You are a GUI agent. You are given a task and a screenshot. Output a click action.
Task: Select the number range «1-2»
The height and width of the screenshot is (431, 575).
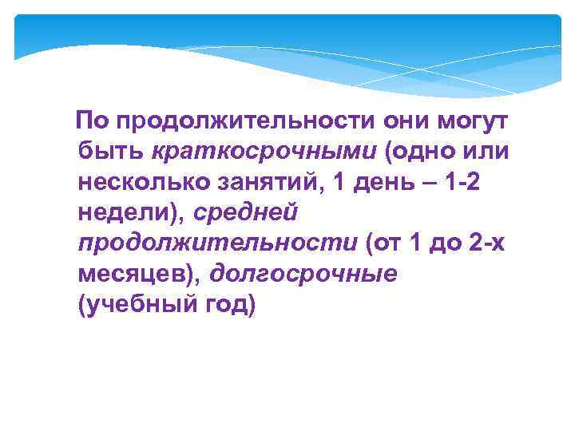coord(461,182)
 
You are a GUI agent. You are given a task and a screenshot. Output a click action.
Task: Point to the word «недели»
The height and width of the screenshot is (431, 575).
coord(126,212)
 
